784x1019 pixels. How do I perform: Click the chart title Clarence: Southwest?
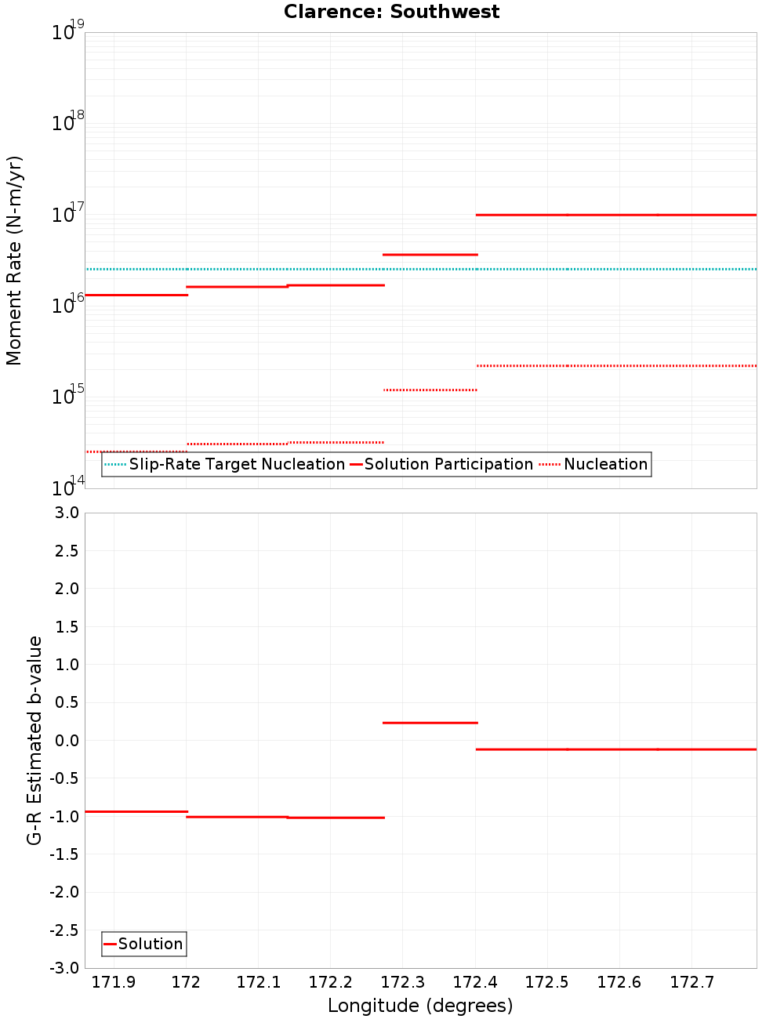(391, 12)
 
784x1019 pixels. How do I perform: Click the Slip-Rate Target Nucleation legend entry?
(237, 464)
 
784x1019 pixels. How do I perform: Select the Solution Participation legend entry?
(448, 464)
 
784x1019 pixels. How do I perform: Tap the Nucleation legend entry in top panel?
(605, 464)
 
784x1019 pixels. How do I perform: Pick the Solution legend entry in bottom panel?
(150, 944)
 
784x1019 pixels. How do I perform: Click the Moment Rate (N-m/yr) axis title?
(14, 260)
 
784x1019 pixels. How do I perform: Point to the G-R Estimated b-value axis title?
(34, 740)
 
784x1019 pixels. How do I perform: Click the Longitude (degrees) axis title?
(420, 1006)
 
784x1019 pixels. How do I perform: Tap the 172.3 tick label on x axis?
(402, 982)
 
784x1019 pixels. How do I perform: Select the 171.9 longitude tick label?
(114, 982)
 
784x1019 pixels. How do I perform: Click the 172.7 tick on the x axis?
(691, 982)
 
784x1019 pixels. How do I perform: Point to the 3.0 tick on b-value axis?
(64, 513)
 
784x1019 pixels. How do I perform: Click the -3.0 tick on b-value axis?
(64, 968)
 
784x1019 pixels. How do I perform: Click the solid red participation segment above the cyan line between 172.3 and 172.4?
(430, 255)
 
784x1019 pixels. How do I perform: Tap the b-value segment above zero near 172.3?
(430, 723)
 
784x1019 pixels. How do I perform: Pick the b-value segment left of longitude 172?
(136, 811)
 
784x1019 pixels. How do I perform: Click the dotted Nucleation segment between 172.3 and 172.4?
(430, 390)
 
